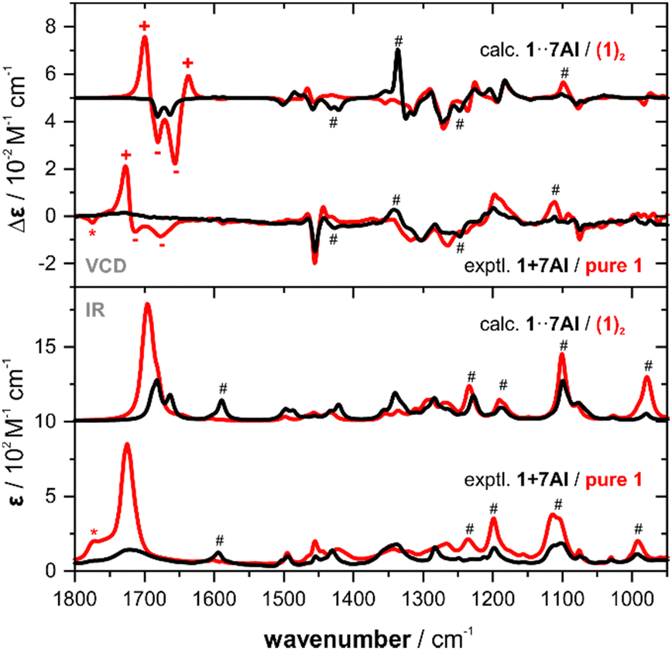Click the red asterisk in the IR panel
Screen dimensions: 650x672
(x=94, y=533)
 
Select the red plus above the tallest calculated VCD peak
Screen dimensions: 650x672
(x=144, y=26)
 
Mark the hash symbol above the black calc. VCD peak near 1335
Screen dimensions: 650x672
(x=399, y=40)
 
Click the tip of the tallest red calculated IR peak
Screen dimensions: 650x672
(x=147, y=304)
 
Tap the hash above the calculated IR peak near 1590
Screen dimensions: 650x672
(x=222, y=387)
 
